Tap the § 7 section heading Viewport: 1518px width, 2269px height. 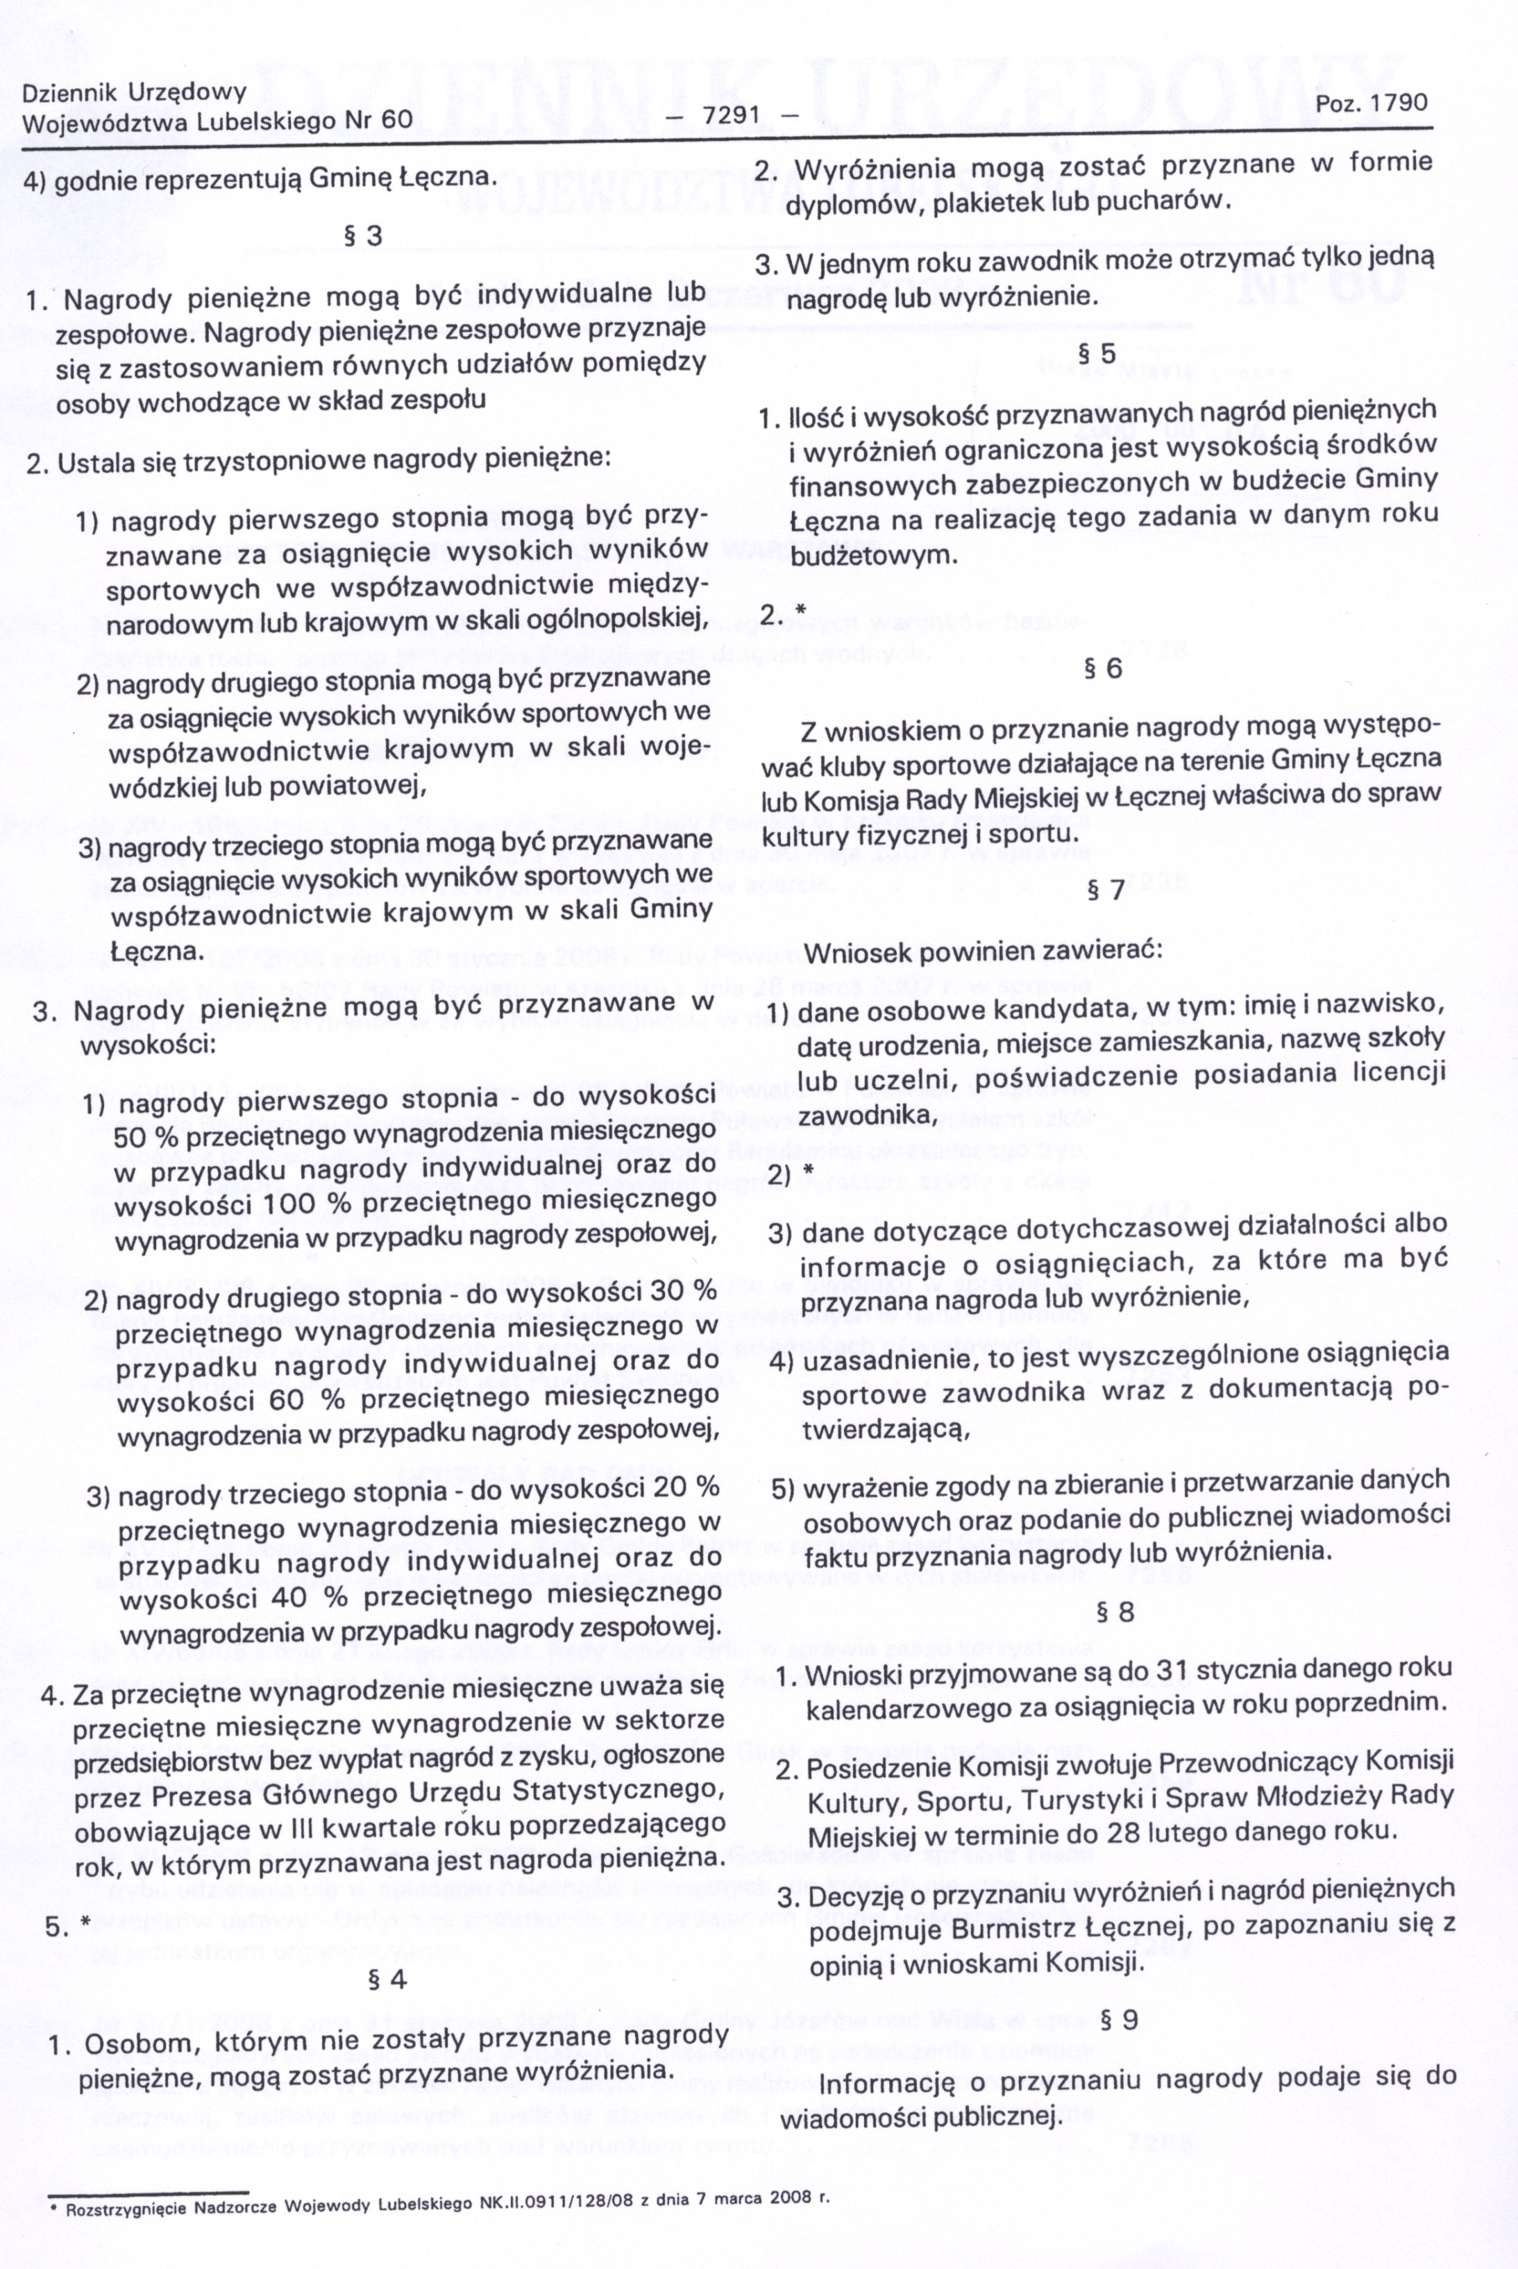pyautogui.click(x=1106, y=890)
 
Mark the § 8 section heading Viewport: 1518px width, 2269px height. pyautogui.click(x=1114, y=1612)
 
